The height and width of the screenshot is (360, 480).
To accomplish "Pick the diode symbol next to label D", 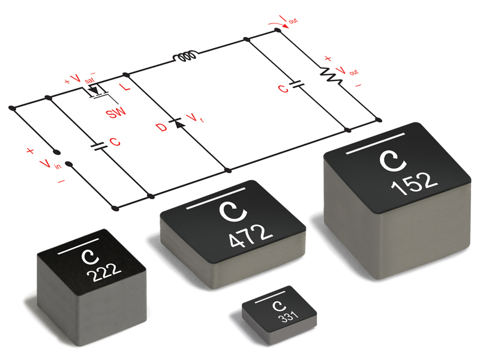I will (177, 123).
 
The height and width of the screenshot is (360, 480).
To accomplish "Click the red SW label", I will (113, 112).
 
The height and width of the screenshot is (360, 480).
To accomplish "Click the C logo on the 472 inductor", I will (228, 211).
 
